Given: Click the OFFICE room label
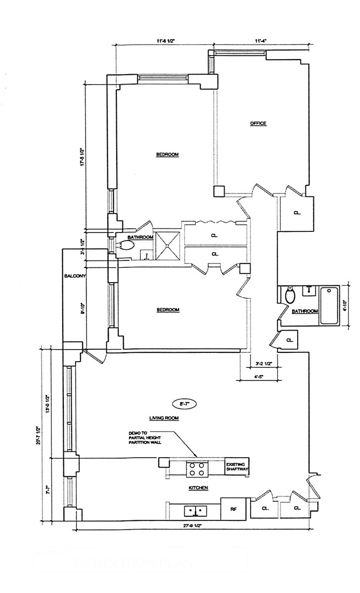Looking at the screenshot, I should pyautogui.click(x=258, y=123).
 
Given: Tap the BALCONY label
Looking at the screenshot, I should pyautogui.click(x=72, y=276).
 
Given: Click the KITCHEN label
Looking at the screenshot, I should pyautogui.click(x=198, y=488).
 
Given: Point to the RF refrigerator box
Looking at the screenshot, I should pyautogui.click(x=233, y=509).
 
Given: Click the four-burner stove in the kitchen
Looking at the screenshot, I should pyautogui.click(x=197, y=468).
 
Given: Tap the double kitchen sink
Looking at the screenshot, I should pyautogui.click(x=197, y=511).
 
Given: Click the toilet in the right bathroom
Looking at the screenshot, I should pyautogui.click(x=291, y=296).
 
